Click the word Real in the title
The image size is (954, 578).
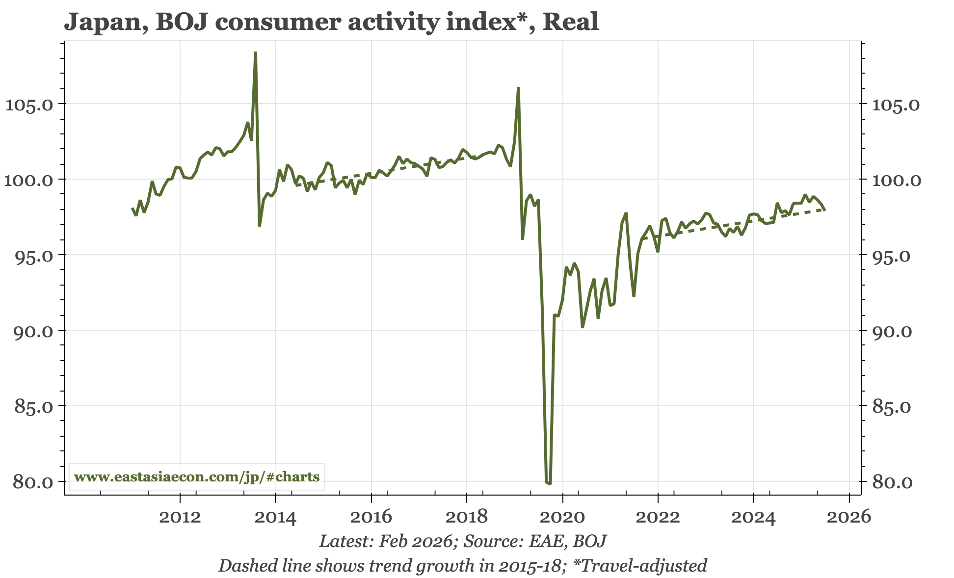tap(570, 22)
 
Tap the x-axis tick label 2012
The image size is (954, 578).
tap(180, 517)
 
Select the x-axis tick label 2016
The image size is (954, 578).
tap(371, 517)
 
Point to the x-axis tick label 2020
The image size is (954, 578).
tap(562, 517)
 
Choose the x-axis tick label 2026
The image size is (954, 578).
tap(849, 517)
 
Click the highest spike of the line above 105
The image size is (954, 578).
tap(256, 53)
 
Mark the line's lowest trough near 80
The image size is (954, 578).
tap(549, 483)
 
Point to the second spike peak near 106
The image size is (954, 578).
tap(518, 88)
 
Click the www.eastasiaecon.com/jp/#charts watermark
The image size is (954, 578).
tap(197, 476)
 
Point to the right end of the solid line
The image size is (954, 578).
tap(825, 210)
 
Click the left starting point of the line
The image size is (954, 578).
tap(132, 209)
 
